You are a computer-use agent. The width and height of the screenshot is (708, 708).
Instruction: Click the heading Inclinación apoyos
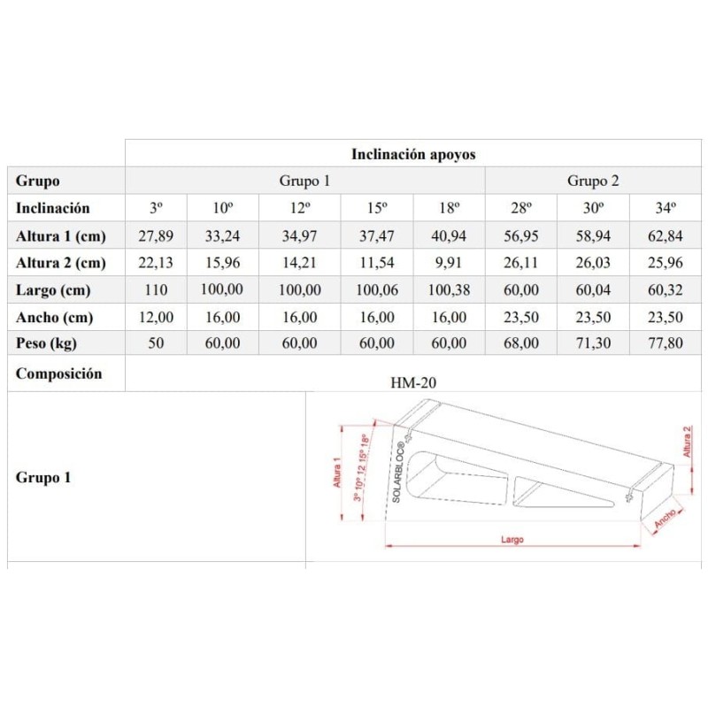click(413, 153)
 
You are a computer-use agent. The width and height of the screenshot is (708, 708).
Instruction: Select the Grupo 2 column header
click(593, 181)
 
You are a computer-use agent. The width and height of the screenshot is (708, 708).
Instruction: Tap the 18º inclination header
click(450, 209)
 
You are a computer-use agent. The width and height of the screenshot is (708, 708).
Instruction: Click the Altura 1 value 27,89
click(156, 236)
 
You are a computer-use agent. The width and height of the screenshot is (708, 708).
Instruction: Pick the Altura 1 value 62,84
click(666, 236)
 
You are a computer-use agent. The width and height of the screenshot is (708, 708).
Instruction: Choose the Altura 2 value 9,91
click(450, 263)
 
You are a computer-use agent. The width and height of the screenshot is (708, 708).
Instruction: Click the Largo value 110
click(156, 290)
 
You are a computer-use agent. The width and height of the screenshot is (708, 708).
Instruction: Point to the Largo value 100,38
click(450, 290)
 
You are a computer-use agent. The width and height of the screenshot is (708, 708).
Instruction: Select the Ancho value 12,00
click(156, 317)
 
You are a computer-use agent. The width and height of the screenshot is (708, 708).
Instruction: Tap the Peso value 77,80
click(666, 343)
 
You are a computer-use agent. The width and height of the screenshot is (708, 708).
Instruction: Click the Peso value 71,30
click(593, 343)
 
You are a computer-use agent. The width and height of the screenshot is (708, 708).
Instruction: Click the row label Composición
click(58, 373)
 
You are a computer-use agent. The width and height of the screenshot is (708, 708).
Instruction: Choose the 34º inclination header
click(666, 209)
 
